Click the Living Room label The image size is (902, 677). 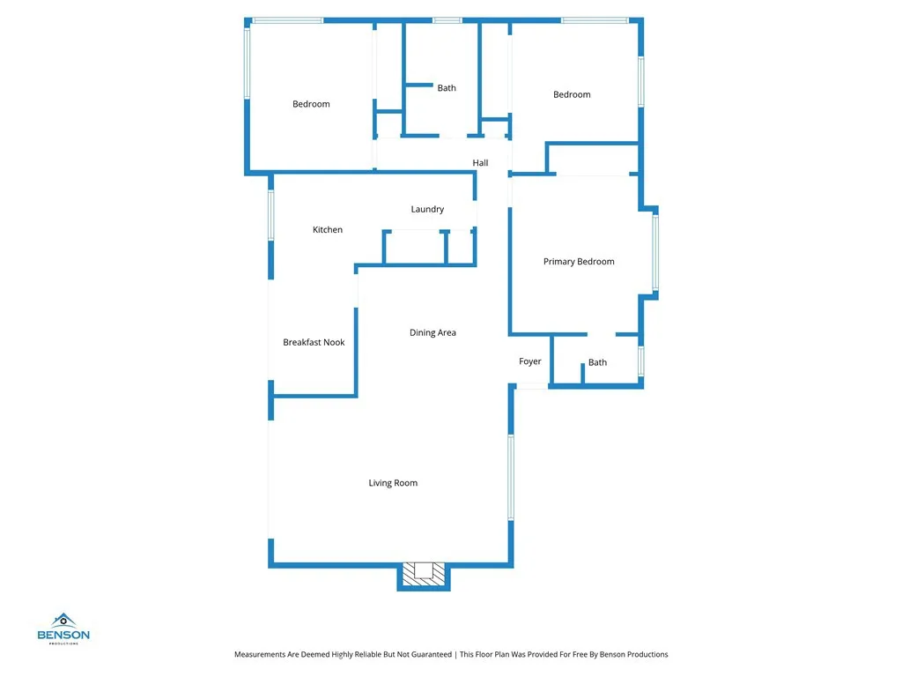click(393, 483)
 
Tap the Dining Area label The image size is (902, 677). click(433, 333)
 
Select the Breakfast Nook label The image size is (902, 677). click(314, 343)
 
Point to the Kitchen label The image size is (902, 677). click(328, 230)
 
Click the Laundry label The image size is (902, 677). click(427, 210)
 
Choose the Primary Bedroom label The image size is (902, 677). click(579, 262)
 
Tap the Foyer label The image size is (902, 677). click(530, 361)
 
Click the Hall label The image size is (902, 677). click(480, 163)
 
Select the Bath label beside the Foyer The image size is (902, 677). click(597, 362)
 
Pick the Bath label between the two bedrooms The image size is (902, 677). click(447, 88)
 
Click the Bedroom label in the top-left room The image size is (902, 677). click(311, 104)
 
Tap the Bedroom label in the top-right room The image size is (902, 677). click(572, 94)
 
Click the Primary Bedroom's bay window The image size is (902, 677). click(654, 251)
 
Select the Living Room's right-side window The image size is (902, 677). click(510, 476)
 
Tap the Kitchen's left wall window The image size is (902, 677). click(270, 214)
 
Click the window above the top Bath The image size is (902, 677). click(447, 20)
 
